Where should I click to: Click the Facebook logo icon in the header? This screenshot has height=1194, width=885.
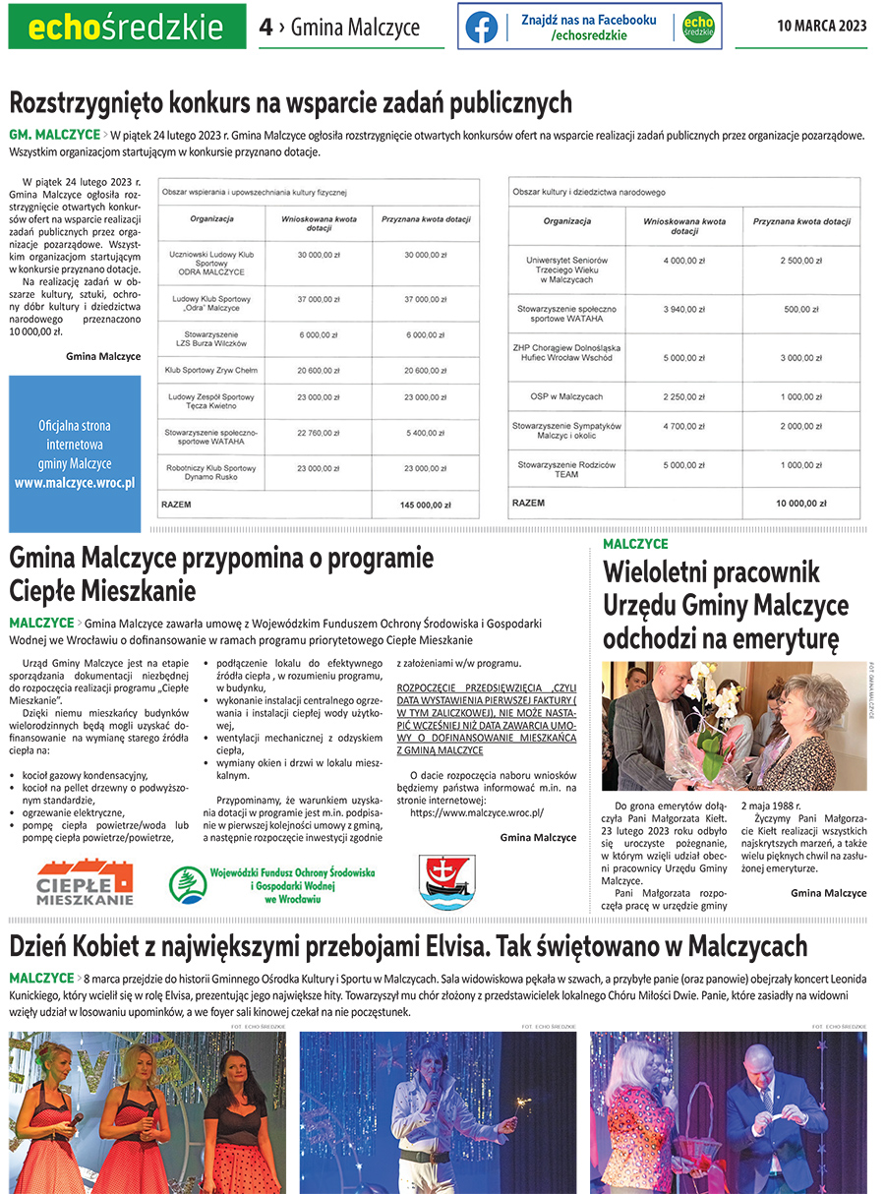(481, 27)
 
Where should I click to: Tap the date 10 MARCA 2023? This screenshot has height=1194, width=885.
(822, 27)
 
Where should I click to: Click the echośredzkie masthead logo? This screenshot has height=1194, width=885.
(127, 28)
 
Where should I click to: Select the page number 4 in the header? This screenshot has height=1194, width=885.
(265, 28)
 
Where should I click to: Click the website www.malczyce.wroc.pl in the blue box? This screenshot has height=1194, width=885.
(75, 483)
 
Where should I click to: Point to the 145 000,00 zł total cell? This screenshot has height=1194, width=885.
(425, 505)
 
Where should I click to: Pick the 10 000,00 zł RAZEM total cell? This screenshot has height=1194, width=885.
(801, 504)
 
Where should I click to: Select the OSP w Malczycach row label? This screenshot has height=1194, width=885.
(567, 396)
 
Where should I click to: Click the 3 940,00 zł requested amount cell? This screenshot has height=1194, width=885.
(683, 309)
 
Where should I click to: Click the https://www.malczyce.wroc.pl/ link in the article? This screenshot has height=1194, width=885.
(477, 813)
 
